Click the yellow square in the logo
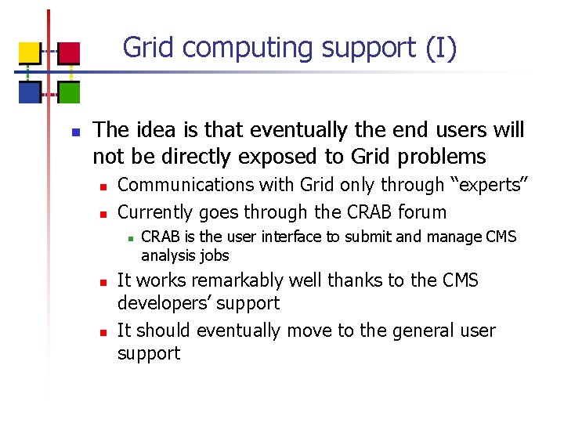(x=30, y=52)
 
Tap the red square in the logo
(x=70, y=52)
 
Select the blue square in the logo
(x=30, y=92)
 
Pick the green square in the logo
(x=70, y=92)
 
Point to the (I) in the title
(x=441, y=48)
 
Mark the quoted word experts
(x=490, y=185)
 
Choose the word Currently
(x=156, y=212)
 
